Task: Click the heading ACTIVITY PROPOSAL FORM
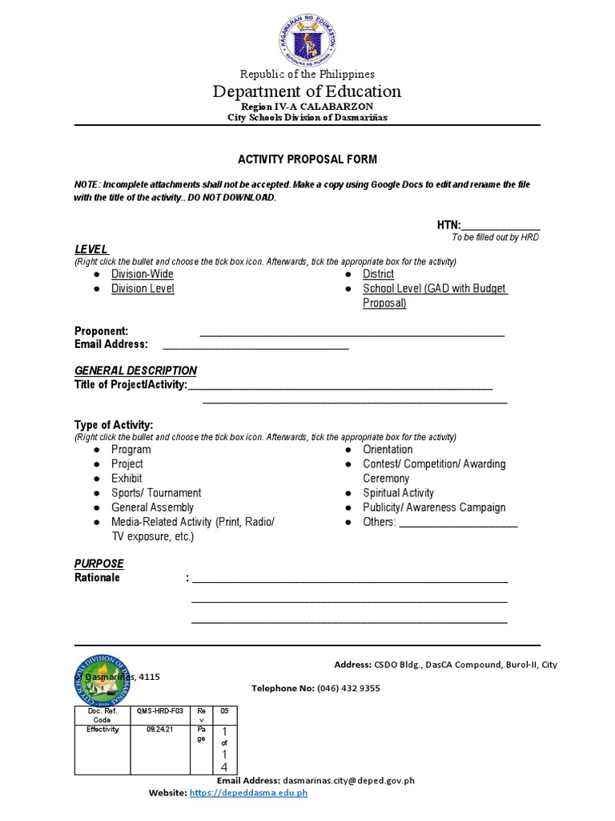point(307,160)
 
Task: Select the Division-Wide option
point(142,274)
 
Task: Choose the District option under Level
point(378,274)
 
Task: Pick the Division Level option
point(143,289)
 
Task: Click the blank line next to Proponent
point(352,333)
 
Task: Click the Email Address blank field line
point(255,346)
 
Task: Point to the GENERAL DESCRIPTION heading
point(135,370)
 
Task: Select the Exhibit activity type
point(127,479)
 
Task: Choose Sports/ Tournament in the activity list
point(156,493)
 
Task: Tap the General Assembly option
point(152,508)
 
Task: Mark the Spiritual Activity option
point(398,493)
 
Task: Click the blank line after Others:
point(458,524)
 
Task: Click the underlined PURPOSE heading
point(99,564)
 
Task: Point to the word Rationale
point(97,577)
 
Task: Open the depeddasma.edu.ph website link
point(249,793)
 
